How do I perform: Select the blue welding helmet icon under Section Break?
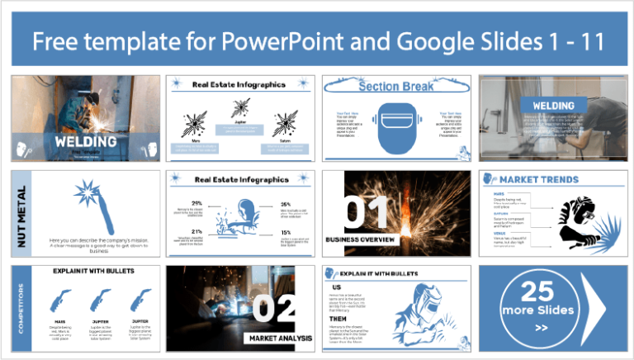pyautogui.click(x=395, y=127)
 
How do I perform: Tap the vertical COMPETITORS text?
pyautogui.click(x=21, y=309)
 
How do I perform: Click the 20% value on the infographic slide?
pyautogui.click(x=196, y=203)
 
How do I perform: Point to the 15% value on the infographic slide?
pyautogui.click(x=285, y=233)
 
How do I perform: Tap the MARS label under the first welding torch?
pyautogui.click(x=59, y=320)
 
